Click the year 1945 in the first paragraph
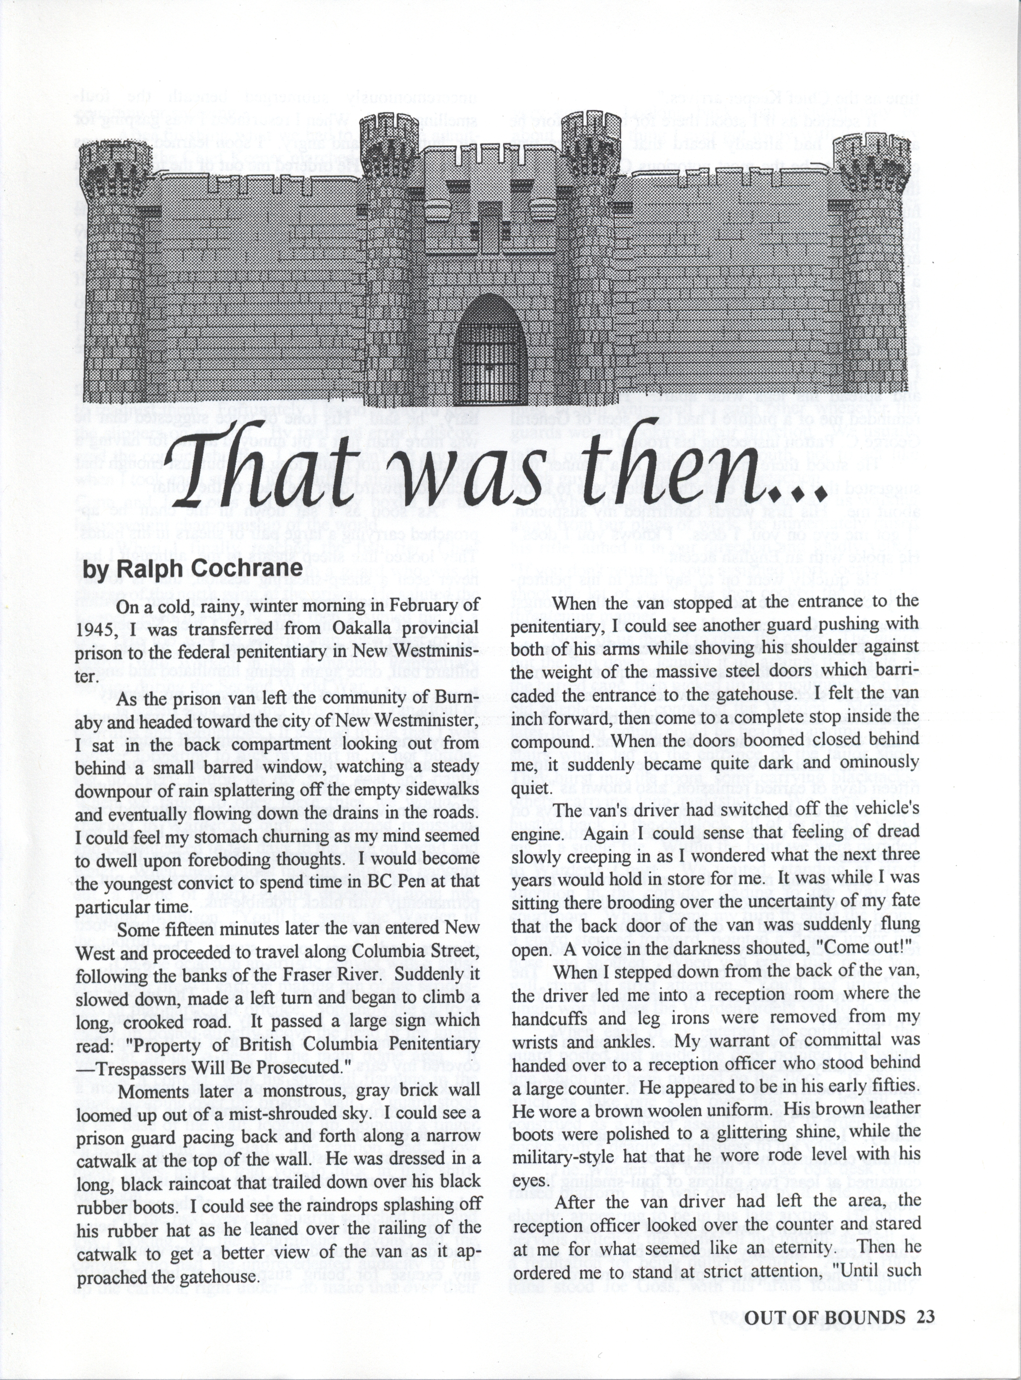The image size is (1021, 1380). pyautogui.click(x=96, y=629)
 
